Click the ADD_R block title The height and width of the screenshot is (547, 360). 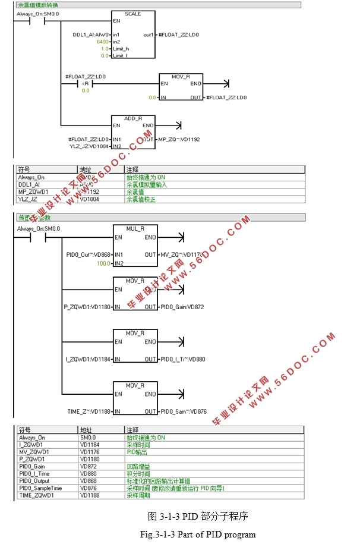coord(133,118)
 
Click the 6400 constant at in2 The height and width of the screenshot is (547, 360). coord(102,42)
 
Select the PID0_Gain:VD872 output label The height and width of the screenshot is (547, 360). coord(182,307)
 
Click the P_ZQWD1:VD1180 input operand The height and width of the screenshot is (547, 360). coord(87,307)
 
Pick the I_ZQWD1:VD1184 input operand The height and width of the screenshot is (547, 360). coord(88,359)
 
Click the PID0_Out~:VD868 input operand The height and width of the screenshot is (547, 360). coord(89,255)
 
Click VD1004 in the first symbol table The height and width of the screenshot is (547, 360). coord(89,199)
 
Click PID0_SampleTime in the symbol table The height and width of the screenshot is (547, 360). coord(40,488)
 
